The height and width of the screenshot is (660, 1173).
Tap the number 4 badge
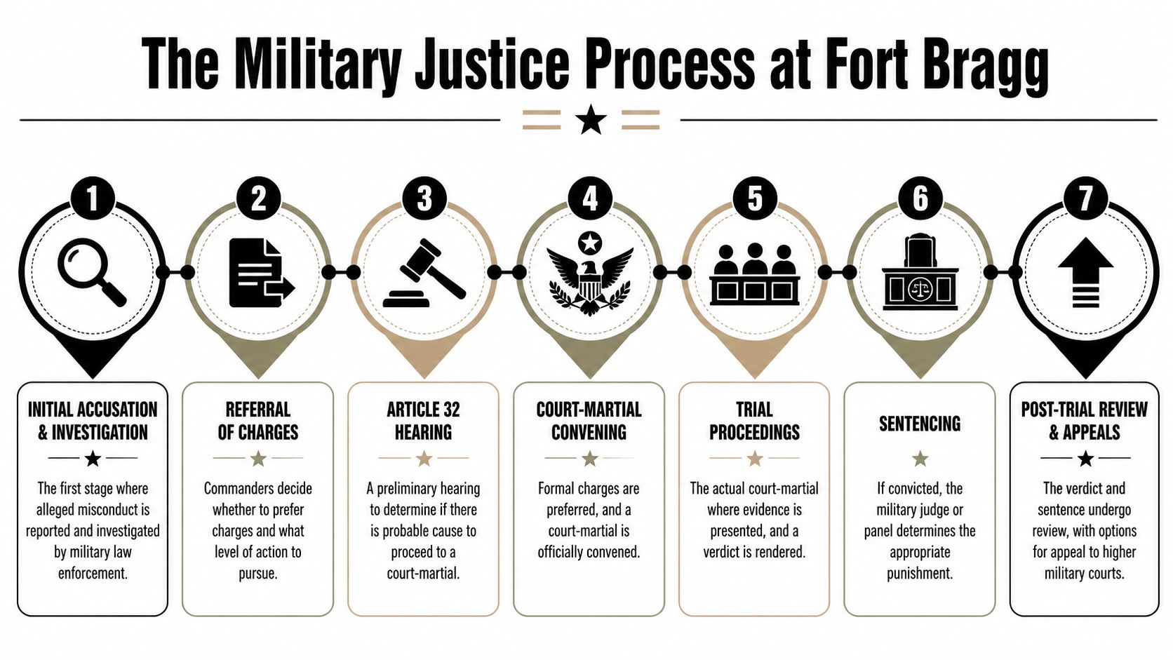coord(589,198)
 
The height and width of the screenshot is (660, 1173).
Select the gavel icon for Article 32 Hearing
coord(424,274)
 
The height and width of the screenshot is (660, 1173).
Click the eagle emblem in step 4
coord(589,275)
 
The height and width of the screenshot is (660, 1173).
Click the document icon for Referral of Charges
coord(260,273)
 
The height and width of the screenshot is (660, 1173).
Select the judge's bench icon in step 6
coord(920,273)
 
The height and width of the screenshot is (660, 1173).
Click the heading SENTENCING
coord(920,424)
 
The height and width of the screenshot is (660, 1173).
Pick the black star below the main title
coord(591,120)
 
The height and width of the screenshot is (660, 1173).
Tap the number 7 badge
coord(1085,198)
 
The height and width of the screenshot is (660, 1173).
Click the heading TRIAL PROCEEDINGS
coord(754,421)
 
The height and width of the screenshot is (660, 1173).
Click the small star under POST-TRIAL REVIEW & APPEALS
coord(1085,459)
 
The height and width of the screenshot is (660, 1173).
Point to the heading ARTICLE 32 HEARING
coord(423,421)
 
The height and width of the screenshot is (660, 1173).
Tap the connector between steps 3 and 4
coord(506,272)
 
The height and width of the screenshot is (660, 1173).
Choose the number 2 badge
coord(258,198)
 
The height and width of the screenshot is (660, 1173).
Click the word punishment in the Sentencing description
coord(919,573)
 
